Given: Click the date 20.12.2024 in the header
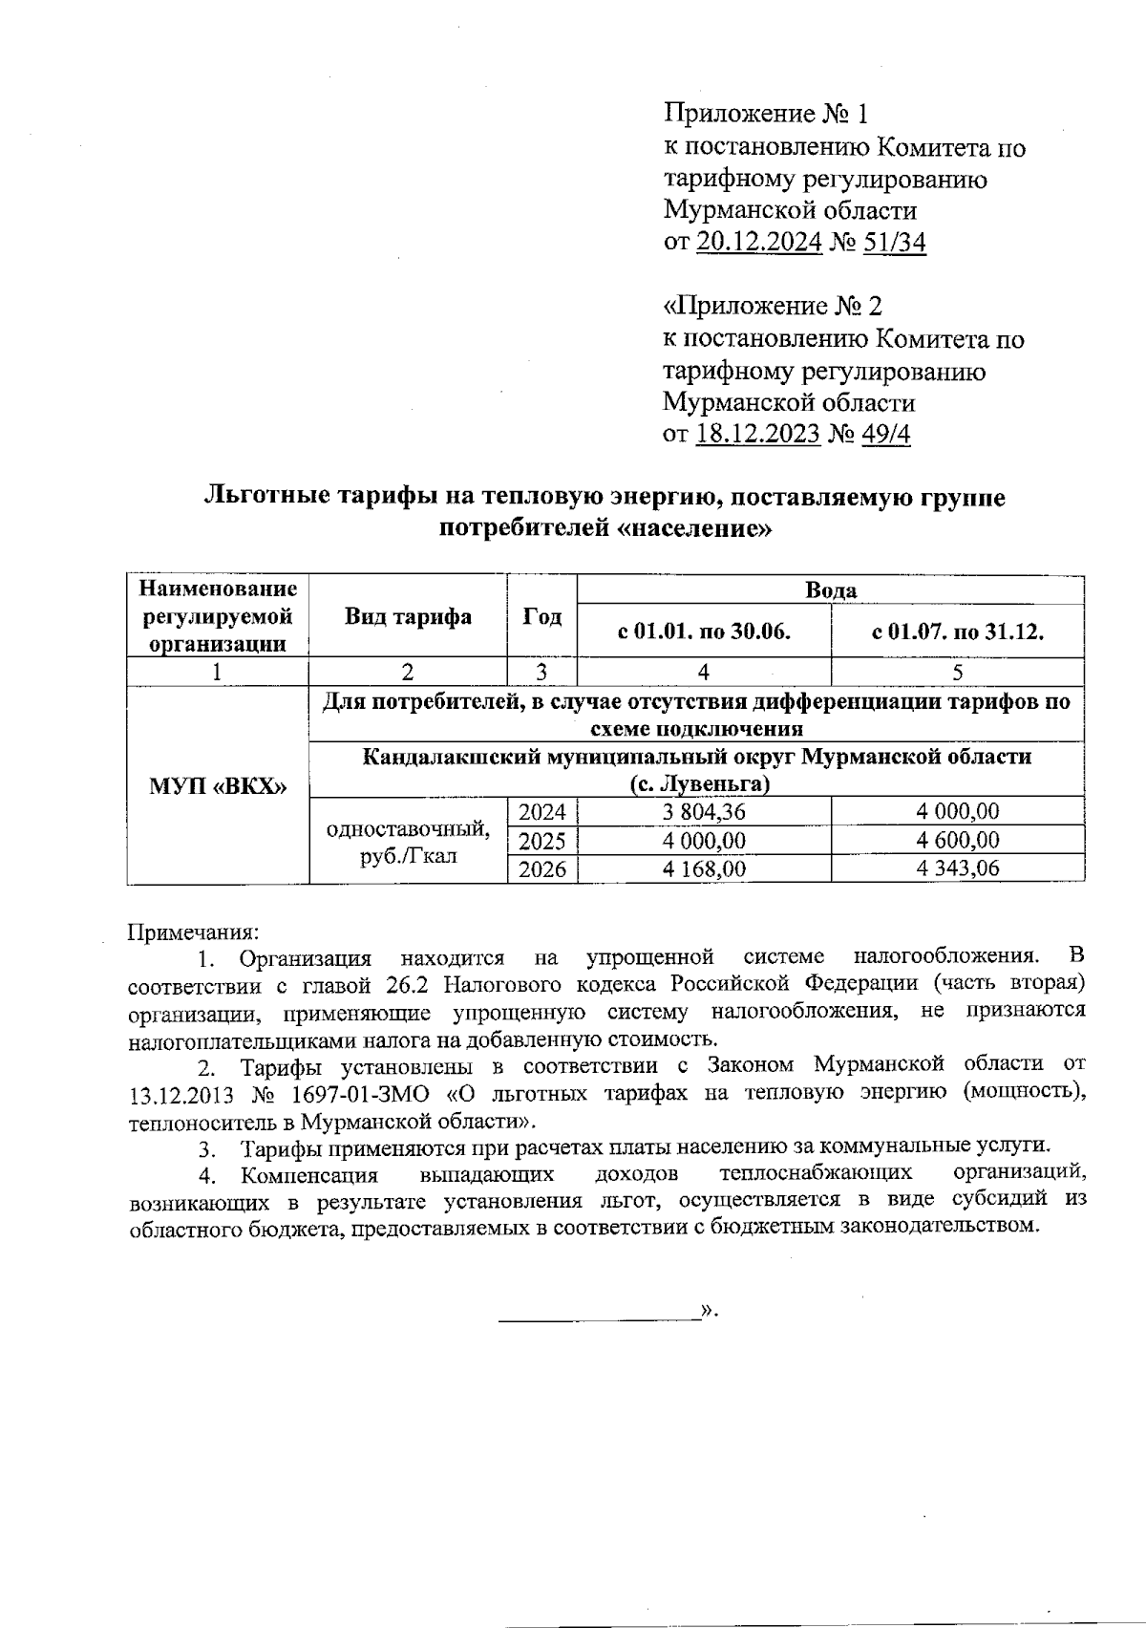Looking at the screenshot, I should (758, 243).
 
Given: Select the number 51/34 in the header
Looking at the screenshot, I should (894, 243).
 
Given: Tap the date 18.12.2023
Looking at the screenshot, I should (758, 435).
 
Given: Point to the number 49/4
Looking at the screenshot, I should (885, 435).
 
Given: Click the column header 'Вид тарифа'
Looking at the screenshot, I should (408, 617).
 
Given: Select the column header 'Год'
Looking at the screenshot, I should (541, 617).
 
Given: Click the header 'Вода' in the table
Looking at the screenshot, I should (831, 590).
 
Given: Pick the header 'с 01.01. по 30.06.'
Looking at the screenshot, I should (705, 632).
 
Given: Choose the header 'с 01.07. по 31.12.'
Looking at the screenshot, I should (957, 632).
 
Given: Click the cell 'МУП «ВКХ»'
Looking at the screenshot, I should (219, 785).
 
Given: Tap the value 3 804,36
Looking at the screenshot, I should (706, 813).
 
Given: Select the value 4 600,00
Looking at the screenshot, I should (957, 841).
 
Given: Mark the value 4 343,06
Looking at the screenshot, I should (957, 869).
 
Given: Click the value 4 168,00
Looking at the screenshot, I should (706, 869).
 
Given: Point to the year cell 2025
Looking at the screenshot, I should (541, 841).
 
